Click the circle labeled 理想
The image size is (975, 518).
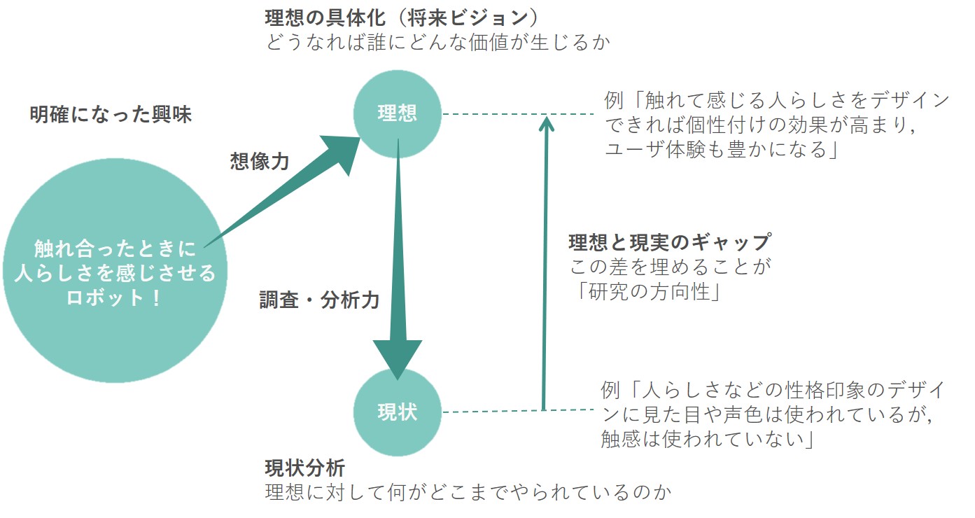coord(398,113)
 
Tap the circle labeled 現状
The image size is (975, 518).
coord(398,412)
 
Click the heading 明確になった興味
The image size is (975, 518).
coord(111,115)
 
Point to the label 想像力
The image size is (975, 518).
coord(260,162)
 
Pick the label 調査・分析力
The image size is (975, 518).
coord(319,300)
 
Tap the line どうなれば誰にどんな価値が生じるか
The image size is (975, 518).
coord(438,42)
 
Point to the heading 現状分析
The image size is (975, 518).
coord(304,467)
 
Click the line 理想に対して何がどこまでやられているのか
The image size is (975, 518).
coord(468,491)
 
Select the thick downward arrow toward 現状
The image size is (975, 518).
coord(398,280)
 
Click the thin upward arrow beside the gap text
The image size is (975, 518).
coord(544,266)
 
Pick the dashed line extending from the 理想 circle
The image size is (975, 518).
coord(490,114)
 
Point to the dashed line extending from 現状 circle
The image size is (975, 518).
coord(490,412)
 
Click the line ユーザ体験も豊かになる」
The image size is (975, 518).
coord(722,149)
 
